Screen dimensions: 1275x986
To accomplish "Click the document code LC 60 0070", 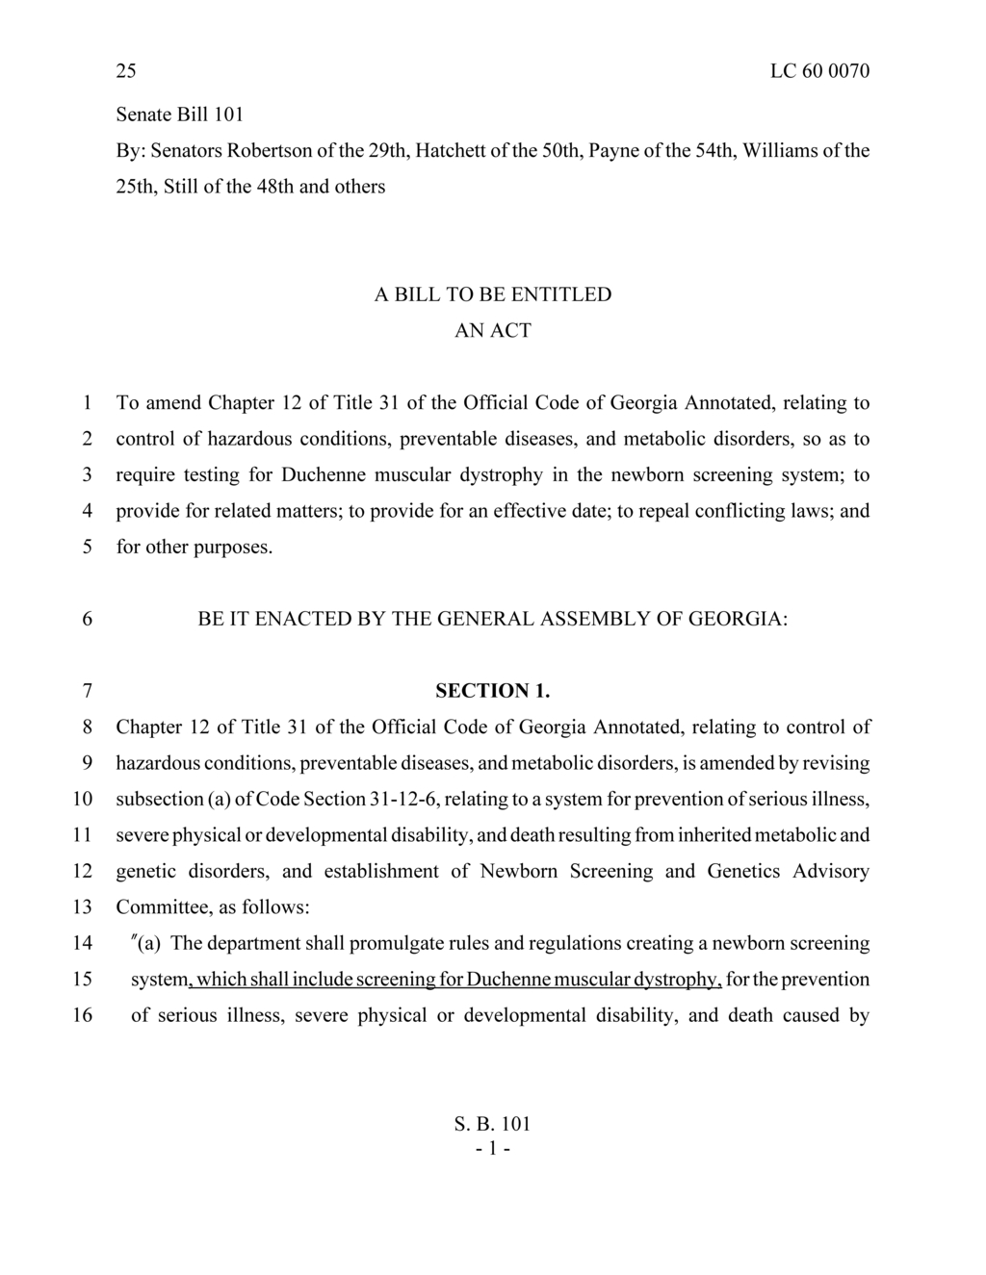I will coord(819,71).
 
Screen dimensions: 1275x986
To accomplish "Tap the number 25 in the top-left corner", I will coord(126,71).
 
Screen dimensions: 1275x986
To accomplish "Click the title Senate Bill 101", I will coord(179,115).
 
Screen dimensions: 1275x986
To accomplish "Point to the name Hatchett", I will coord(449,150).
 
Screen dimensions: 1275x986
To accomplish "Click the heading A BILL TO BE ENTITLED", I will coord(492,294).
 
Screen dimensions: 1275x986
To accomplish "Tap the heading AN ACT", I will coord(492,330).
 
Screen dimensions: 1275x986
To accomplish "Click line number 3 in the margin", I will coord(87,474).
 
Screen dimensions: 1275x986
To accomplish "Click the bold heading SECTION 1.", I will coord(492,691).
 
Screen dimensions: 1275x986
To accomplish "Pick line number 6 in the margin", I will coord(87,619).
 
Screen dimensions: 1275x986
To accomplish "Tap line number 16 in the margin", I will coord(83,1015).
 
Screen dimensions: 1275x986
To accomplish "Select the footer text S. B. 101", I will coord(492,1124).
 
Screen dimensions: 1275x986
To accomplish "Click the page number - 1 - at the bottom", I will coord(492,1149).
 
